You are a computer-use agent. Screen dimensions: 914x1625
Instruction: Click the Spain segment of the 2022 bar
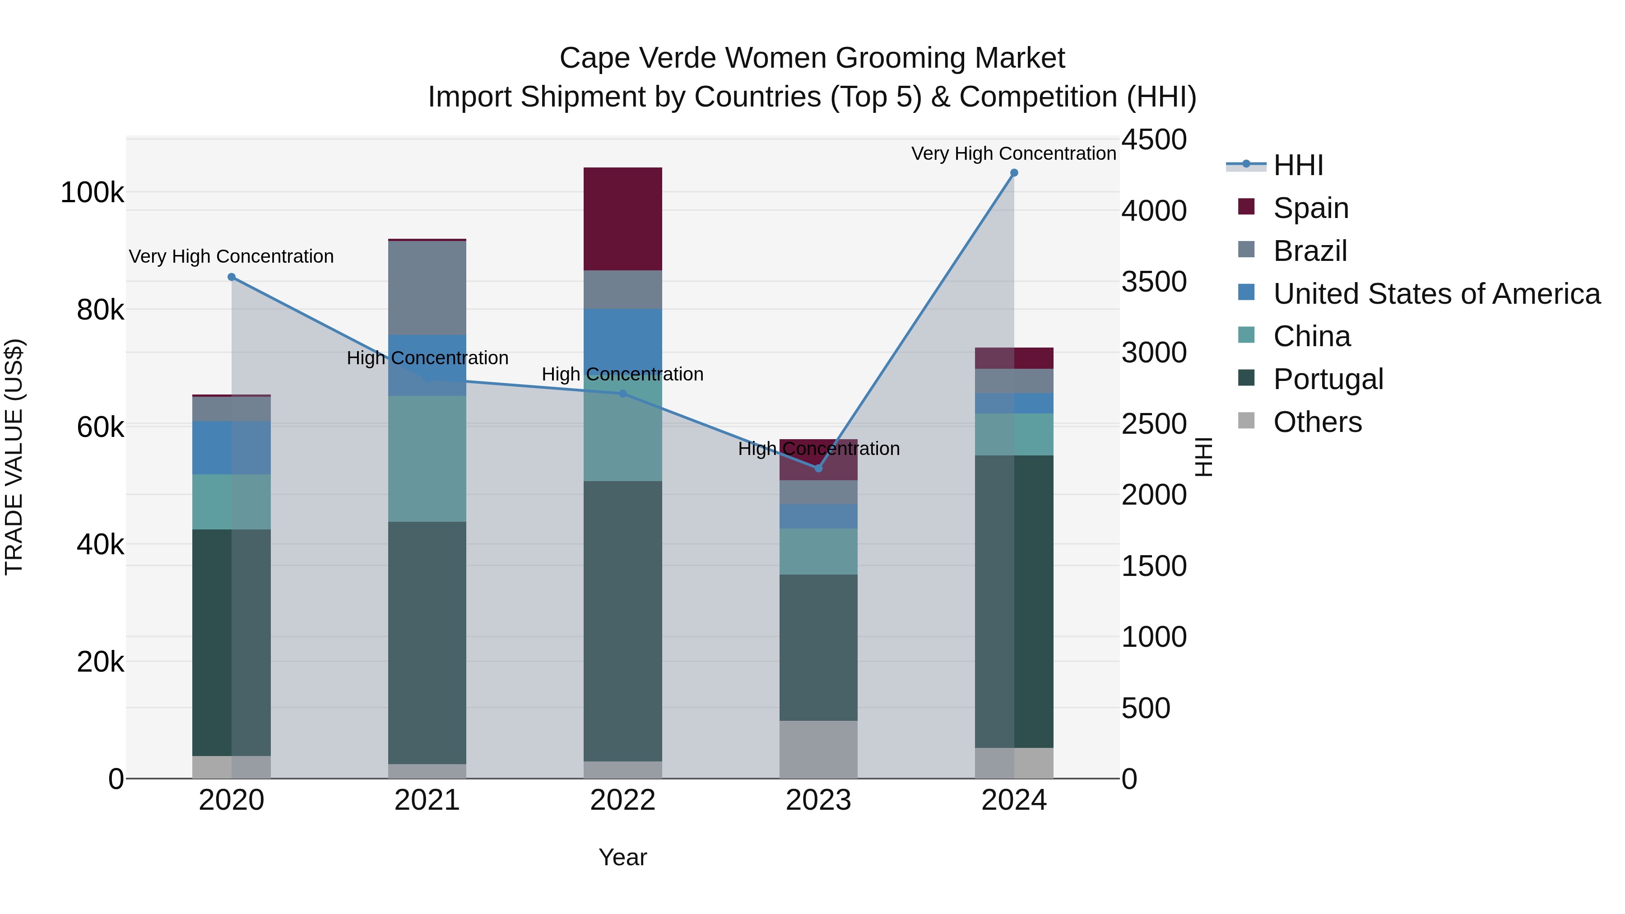tap(622, 218)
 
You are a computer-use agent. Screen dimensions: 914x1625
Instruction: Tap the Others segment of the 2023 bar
tap(818, 749)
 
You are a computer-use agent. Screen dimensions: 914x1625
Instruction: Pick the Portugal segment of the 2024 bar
tap(1014, 601)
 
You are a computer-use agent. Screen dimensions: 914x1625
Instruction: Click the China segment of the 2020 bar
tap(231, 501)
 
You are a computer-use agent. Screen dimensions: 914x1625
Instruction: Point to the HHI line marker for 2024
tap(1014, 173)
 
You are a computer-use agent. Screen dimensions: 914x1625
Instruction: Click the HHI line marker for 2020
tap(232, 277)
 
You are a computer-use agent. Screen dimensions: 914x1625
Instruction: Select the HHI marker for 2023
tap(818, 468)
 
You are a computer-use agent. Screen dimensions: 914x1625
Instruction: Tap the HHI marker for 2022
tap(622, 394)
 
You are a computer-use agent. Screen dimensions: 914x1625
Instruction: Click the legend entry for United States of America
tap(1436, 294)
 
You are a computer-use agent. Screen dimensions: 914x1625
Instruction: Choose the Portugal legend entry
tap(1328, 379)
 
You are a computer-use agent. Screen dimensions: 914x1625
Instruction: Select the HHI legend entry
tap(1298, 165)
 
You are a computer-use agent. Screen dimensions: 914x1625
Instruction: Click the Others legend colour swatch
tap(1246, 421)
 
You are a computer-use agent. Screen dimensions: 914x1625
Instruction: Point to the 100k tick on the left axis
tap(92, 192)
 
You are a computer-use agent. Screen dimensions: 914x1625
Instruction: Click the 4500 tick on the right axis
tap(1154, 139)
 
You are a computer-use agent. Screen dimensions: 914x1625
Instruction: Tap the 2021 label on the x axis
tap(427, 800)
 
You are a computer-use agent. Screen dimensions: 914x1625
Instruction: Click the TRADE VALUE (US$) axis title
tap(14, 457)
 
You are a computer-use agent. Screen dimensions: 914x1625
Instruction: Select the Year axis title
tap(622, 857)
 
